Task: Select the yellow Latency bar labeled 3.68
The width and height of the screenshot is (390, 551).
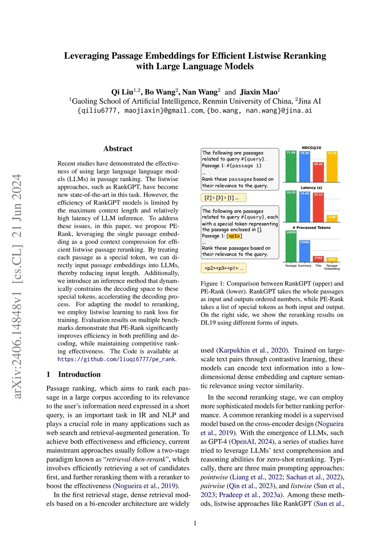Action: point(332,218)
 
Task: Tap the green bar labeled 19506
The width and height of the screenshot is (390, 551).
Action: point(291,246)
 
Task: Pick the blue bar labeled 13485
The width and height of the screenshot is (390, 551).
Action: point(305,251)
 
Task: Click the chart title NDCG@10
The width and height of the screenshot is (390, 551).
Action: point(311,148)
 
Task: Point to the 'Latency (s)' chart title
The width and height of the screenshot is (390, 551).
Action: point(311,188)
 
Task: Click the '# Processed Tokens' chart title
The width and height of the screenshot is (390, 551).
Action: point(311,228)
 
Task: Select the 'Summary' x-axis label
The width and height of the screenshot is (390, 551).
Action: point(305,266)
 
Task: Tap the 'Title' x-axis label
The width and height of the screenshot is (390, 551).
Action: point(318,266)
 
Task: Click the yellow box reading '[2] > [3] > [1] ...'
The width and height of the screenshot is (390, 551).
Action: point(223,197)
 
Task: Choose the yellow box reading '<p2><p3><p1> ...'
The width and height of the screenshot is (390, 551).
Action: point(223,268)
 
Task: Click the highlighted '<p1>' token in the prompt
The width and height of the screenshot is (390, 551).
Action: point(234,236)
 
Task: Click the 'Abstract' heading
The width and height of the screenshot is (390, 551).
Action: point(118,149)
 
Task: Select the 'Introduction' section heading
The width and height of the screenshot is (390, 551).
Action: point(79,374)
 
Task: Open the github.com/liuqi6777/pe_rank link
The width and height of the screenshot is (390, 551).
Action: point(117,359)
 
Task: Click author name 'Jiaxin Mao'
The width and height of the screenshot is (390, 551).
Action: point(259,92)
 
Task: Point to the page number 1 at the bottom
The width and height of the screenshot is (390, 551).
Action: point(195,523)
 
